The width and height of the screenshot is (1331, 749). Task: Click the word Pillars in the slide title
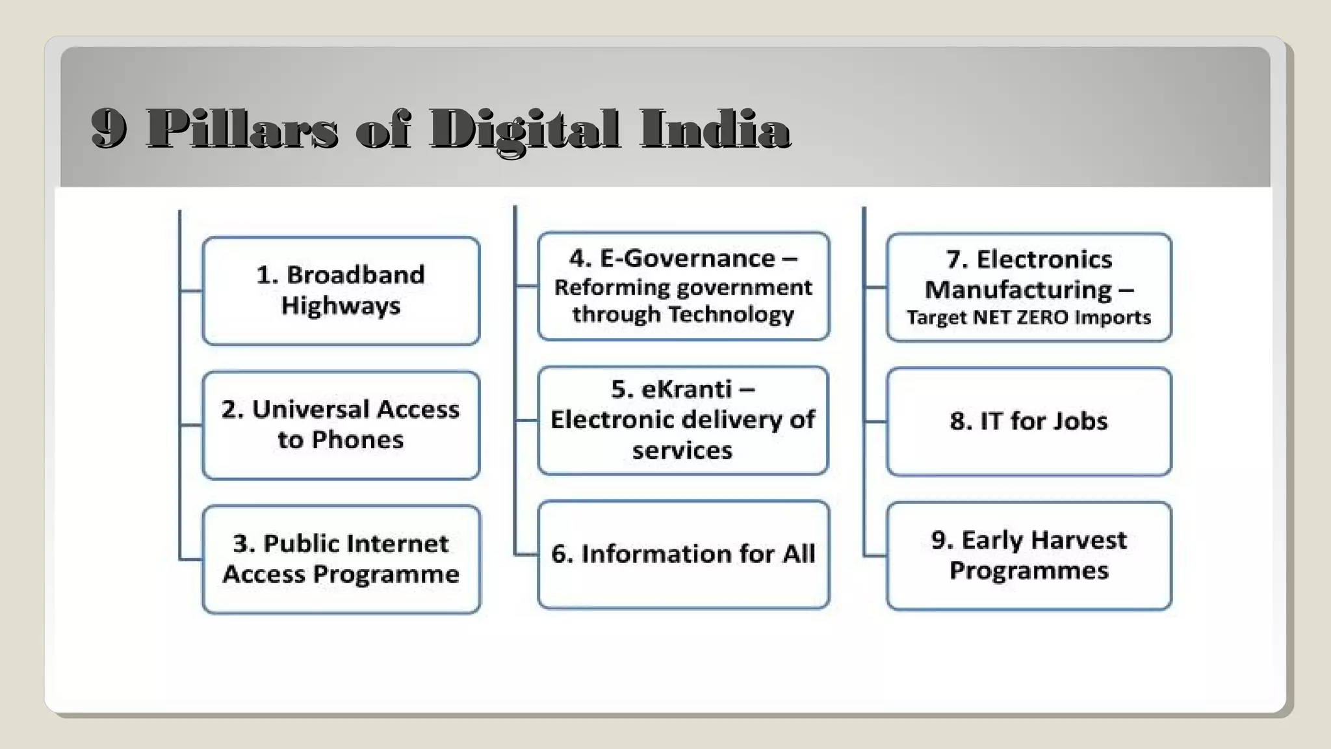point(242,129)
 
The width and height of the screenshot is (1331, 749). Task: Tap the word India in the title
point(714,129)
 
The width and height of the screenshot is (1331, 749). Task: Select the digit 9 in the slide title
point(109,129)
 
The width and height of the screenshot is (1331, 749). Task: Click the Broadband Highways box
point(341,291)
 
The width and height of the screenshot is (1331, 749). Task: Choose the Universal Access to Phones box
point(341,425)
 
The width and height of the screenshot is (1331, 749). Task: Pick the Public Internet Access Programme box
point(341,559)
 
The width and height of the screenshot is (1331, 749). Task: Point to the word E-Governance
point(688,259)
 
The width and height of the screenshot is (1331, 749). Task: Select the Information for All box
point(683,554)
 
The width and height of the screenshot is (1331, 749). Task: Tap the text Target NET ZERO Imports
point(1029,318)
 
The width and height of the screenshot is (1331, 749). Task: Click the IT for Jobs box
point(1029,421)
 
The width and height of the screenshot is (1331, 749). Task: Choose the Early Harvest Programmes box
point(1029,555)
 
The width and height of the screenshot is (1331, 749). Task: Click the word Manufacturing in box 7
point(1018,290)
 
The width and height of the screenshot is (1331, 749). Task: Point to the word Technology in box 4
point(730,315)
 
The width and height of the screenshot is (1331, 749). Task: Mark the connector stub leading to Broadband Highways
point(191,291)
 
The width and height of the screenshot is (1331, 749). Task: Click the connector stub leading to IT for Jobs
point(875,421)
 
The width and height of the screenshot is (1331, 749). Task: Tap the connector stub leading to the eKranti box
point(526,420)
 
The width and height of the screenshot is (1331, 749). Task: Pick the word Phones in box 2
point(357,440)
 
